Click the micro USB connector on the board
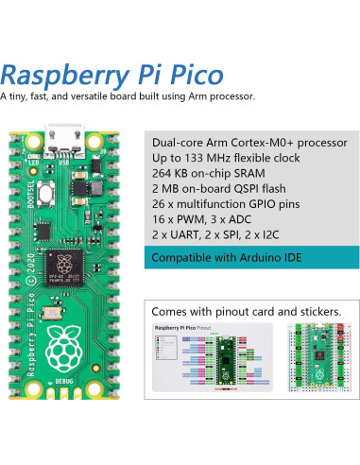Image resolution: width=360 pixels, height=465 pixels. coord(67,138)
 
